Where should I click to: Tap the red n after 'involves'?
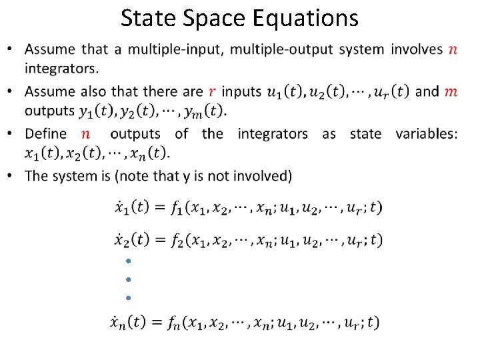point(453,49)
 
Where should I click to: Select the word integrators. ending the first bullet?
point(61,68)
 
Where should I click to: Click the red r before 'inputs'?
point(212,91)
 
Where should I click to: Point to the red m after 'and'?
point(451,91)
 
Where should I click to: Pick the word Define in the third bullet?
point(46,133)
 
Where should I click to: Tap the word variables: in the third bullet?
point(427,133)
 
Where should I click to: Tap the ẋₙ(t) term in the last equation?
point(129,323)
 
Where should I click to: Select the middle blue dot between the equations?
point(127,279)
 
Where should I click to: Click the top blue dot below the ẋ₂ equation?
point(127,261)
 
